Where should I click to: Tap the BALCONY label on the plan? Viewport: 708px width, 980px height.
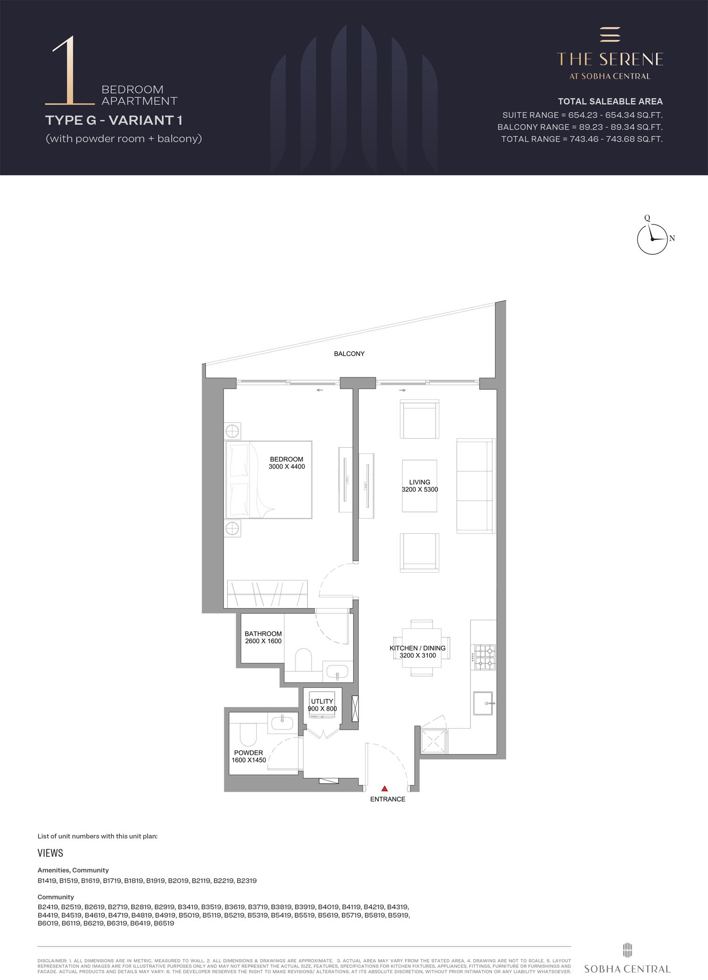coord(349,354)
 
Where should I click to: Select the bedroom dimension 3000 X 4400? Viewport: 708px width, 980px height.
coord(287,467)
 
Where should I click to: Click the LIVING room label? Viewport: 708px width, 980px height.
coord(420,482)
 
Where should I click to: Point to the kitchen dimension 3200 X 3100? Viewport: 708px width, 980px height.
coord(418,655)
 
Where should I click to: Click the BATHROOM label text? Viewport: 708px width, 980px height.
coord(263,634)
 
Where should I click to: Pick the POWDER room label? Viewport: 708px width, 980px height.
coord(249,753)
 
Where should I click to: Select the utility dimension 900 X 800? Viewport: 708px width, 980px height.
coord(322,708)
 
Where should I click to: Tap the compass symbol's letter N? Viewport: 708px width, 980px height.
coord(672,239)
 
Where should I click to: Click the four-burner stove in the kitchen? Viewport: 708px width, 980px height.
coord(485,657)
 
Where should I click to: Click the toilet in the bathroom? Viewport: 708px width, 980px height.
coord(303,660)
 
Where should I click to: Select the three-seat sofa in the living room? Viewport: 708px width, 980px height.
coord(476,486)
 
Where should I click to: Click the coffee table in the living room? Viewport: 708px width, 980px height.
coord(420,486)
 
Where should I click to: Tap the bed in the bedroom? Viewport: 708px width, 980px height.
coord(269,480)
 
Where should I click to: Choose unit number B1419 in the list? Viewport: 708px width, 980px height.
coord(47,880)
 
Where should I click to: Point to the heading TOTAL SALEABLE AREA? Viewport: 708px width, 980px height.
coord(610,101)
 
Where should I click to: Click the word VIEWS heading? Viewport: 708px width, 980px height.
coord(51,853)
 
